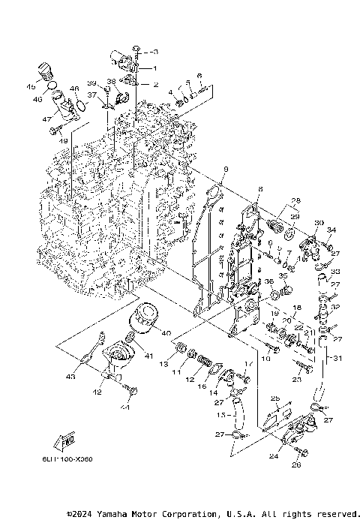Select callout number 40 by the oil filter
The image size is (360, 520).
[166, 333]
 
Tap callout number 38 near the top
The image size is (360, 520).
[110, 81]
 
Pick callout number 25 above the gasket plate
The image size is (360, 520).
[274, 398]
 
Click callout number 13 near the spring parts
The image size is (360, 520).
[161, 363]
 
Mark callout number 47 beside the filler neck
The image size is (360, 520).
[46, 119]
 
